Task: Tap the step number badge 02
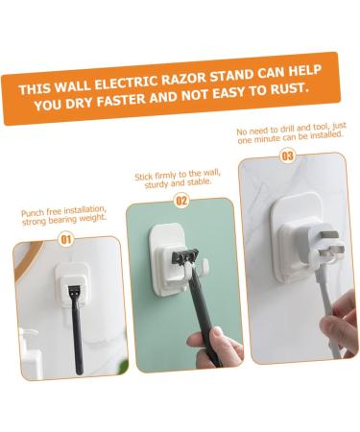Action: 181,202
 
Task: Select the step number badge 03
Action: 288,155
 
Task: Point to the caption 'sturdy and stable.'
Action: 180,186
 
